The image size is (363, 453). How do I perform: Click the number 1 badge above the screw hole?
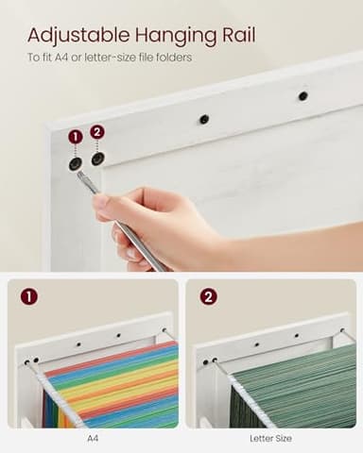tap(76, 137)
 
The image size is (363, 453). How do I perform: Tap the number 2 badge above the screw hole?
tap(96, 132)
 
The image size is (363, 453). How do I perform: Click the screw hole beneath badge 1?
tap(75, 164)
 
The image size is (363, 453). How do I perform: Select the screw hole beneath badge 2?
tap(97, 159)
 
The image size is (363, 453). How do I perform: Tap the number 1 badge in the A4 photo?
tap(29, 296)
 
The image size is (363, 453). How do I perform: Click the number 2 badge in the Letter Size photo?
tap(208, 296)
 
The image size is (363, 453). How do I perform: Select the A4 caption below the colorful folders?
tap(93, 438)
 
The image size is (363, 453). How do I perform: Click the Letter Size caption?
tap(270, 438)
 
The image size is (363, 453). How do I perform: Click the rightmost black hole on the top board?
tap(302, 95)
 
